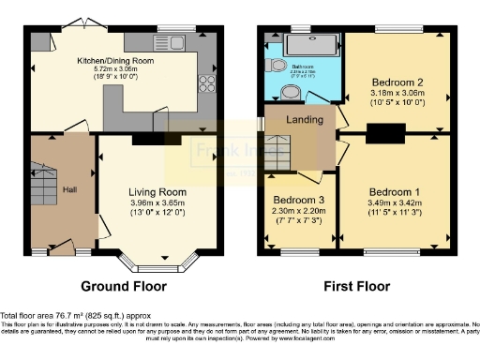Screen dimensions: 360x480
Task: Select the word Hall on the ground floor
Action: tap(70, 190)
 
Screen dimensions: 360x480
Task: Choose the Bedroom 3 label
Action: tap(299, 200)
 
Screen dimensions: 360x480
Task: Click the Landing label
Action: tap(305, 120)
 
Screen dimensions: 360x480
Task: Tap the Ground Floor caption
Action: tap(124, 286)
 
